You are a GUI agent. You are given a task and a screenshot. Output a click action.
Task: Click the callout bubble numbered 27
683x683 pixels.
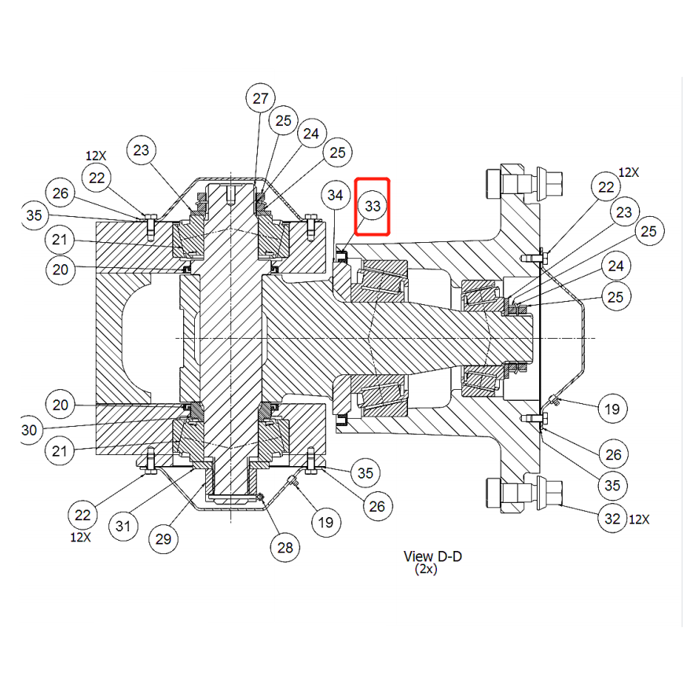pos(260,98)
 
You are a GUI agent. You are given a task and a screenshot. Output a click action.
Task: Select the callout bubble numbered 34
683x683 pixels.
pos(336,195)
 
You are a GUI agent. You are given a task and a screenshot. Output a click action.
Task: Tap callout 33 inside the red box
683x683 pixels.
pos(373,206)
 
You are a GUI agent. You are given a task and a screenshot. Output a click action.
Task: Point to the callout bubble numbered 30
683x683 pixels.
pos(30,430)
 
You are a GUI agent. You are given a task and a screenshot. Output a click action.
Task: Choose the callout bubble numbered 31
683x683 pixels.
pos(123,526)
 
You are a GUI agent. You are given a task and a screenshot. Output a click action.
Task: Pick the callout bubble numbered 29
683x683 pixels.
pos(163,539)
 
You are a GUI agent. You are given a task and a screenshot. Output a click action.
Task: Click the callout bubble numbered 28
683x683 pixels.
pos(285,548)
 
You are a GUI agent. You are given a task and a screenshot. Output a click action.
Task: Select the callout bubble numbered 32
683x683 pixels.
pos(613,519)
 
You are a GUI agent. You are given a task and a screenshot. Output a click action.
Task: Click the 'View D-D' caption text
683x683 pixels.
pos(432,556)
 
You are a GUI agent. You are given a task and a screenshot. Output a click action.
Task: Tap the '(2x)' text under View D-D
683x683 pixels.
pos(426,569)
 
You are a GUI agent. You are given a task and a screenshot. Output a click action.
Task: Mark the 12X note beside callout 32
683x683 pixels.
pos(639,520)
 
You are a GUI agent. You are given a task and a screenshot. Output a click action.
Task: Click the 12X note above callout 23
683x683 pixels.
pos(96,156)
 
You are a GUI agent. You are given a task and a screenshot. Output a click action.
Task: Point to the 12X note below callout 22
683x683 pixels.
pos(81,537)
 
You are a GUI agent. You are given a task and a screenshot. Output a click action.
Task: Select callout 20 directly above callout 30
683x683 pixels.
pos(61,405)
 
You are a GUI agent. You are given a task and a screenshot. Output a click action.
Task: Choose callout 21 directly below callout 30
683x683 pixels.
pos(60,451)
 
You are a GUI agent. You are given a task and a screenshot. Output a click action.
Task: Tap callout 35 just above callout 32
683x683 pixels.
pos(612,485)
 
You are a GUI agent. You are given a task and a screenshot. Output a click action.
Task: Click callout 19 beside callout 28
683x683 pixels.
pos(326,522)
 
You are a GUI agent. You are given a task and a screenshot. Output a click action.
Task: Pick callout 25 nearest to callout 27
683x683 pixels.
pos(284,120)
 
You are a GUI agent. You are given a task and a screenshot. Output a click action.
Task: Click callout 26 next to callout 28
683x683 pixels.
pos(377,506)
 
